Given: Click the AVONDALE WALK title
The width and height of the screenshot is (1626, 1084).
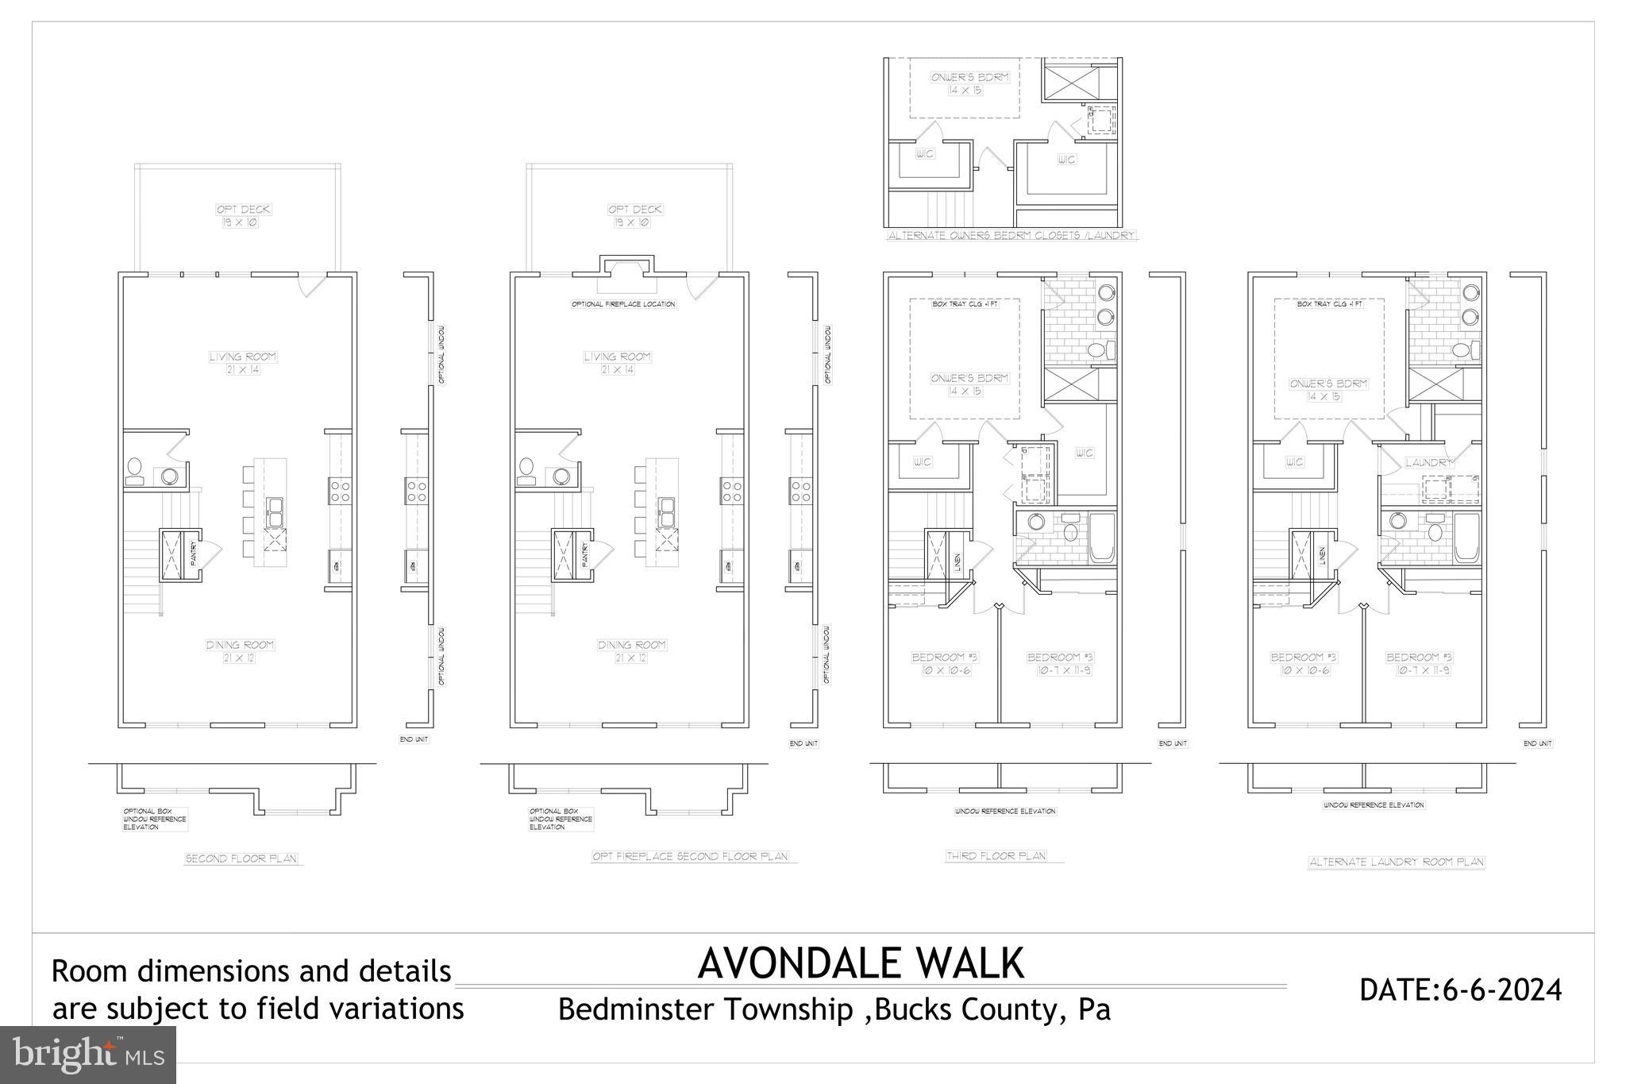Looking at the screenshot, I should click(861, 963).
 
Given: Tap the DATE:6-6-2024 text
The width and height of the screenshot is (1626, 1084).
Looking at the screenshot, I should click(1460, 990).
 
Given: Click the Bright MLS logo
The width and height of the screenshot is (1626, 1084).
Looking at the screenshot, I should click(87, 1055).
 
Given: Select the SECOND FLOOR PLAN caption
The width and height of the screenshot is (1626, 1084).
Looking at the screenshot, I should click(241, 858).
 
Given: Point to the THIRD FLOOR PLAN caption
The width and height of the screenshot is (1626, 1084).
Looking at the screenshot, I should click(996, 856).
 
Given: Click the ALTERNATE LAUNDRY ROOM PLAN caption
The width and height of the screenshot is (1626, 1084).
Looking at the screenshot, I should click(1396, 862).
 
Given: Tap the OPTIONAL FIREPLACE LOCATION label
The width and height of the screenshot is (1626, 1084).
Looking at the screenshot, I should click(623, 304).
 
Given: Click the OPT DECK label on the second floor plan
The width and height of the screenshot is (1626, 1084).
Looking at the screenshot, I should click(244, 210).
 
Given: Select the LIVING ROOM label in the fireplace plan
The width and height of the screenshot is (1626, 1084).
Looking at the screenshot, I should click(617, 357).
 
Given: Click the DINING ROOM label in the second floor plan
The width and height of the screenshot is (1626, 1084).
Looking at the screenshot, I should click(241, 645).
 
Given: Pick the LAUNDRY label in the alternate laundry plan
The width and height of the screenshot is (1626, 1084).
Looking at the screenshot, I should click(1428, 462).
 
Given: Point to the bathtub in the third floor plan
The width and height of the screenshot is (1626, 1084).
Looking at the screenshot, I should click(1101, 538).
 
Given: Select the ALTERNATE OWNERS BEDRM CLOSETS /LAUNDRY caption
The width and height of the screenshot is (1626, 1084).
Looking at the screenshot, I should click(1011, 236).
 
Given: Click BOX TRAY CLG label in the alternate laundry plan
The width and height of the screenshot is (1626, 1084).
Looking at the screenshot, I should click(1329, 304).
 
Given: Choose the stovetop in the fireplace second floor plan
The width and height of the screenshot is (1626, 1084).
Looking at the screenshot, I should click(731, 491).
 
